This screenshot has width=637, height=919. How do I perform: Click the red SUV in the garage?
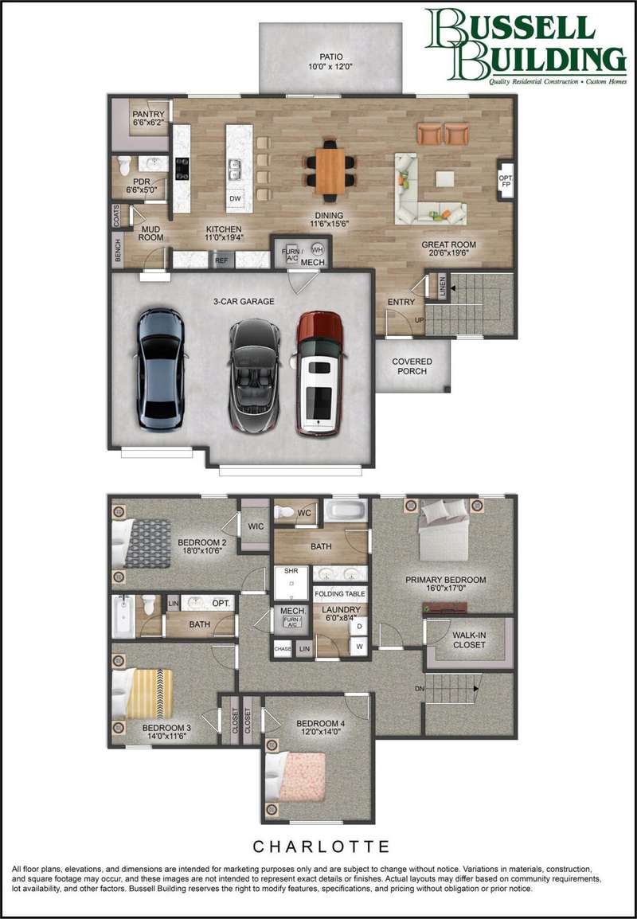point(319,373)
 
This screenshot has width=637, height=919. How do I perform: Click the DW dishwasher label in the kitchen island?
point(235,198)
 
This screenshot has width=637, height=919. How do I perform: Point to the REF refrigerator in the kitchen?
point(221,260)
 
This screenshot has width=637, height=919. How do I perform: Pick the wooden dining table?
point(330,170)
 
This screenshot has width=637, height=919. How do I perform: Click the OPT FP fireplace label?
point(505,181)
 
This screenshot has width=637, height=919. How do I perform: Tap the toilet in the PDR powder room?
point(124,166)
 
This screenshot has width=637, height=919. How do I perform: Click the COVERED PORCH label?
point(412,366)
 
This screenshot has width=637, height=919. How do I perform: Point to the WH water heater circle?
point(318,248)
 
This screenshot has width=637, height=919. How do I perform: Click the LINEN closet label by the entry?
point(442,286)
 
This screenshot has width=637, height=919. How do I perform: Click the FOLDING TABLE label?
point(340,594)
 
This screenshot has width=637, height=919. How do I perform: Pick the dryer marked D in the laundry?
point(358,627)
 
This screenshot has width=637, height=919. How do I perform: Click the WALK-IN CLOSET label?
point(469,640)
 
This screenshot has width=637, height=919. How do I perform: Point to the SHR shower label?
point(291,570)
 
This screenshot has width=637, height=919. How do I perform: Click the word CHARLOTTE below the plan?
point(322,847)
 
